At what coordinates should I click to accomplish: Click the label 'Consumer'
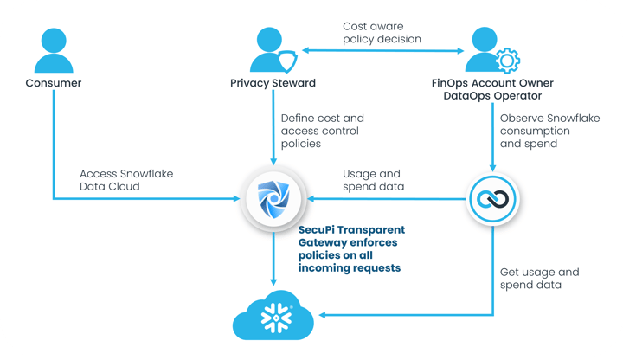point(54,84)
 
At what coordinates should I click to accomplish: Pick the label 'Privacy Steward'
point(272,84)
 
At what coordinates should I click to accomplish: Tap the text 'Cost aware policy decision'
point(382,33)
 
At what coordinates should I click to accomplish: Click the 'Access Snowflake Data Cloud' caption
point(125,180)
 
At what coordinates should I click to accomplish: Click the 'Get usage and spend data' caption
point(539,278)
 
